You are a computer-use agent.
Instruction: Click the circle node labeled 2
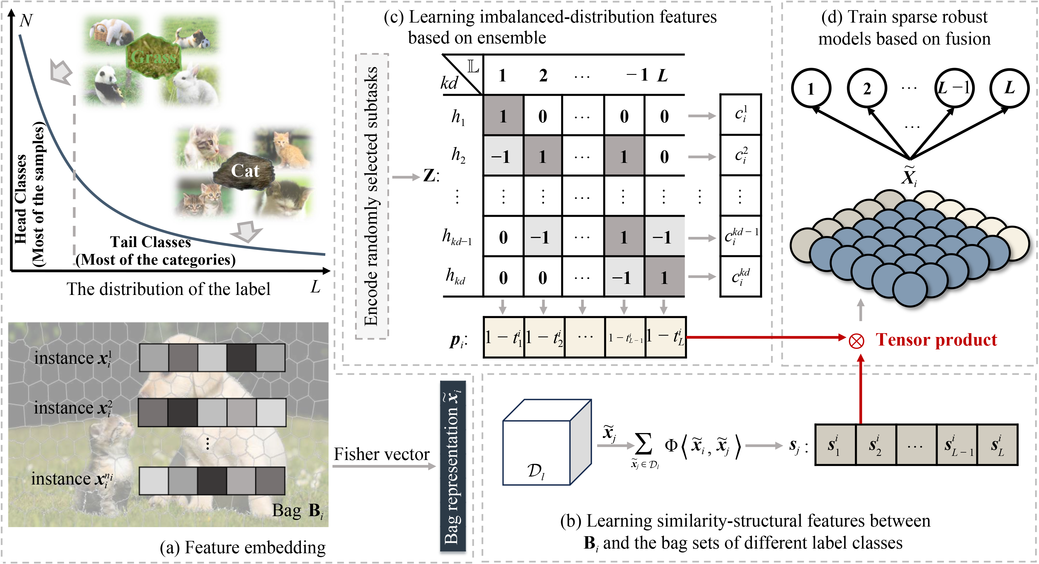pos(867,88)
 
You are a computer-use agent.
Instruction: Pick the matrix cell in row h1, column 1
pos(503,116)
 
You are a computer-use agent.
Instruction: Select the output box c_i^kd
pos(740,277)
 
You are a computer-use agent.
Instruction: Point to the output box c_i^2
pos(740,155)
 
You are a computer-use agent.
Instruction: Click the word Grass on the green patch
pos(154,57)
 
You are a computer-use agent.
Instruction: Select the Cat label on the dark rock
pos(245,171)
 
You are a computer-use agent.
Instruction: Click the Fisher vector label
pos(381,454)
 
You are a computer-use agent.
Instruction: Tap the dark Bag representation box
pos(452,466)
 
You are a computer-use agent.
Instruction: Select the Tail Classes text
pos(150,242)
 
